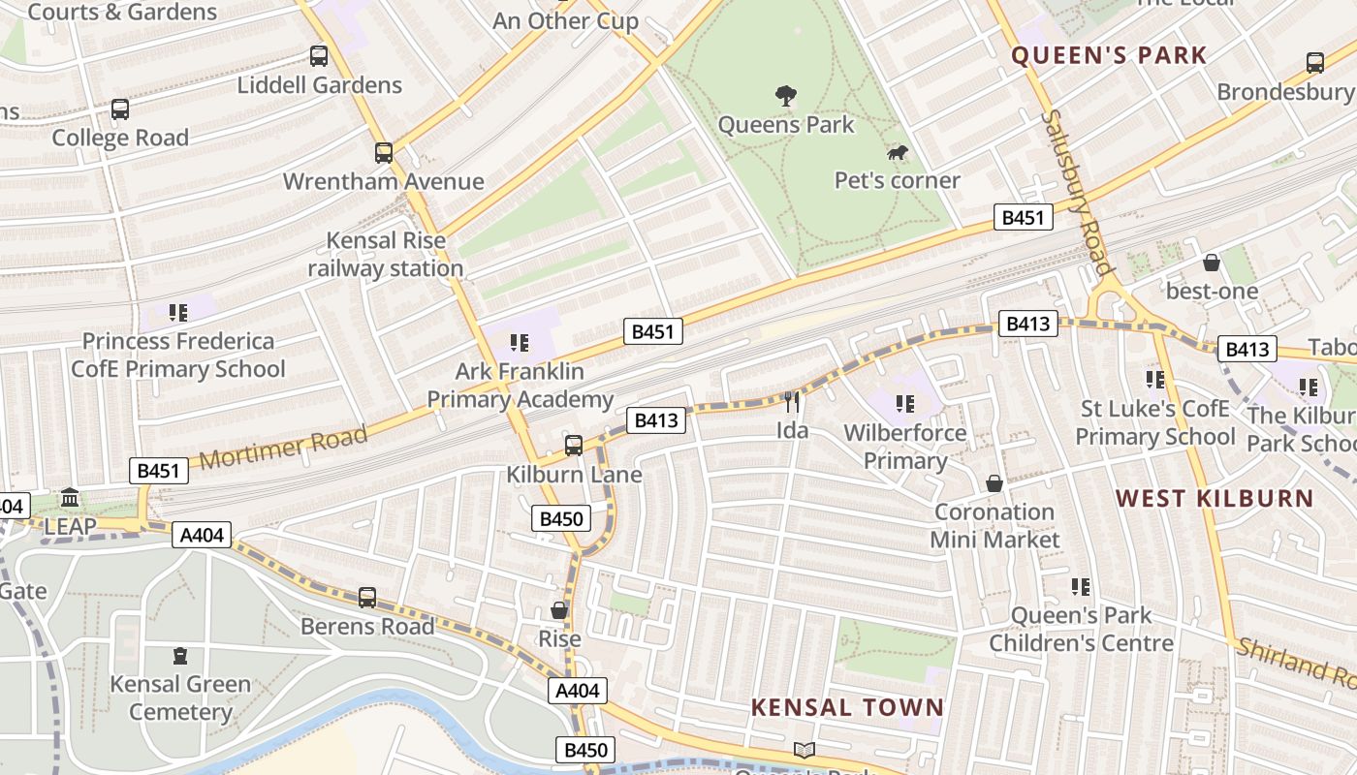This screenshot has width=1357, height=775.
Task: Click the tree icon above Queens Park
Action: pos(786,95)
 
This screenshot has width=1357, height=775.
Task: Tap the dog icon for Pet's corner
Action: pos(898,153)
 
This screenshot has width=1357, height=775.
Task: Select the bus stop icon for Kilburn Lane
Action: pos(574,446)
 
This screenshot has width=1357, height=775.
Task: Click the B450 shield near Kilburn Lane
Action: pos(560,519)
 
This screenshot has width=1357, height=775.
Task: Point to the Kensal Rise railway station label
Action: pos(386,255)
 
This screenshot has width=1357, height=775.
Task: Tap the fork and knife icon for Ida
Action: pos(793,402)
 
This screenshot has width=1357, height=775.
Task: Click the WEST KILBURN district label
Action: pos(1214,499)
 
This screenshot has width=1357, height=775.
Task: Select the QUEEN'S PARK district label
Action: pos(1109,55)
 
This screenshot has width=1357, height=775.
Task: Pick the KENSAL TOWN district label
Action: pos(847,707)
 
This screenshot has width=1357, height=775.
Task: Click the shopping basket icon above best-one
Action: pos(1212,263)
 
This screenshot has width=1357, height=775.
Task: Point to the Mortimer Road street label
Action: pos(284,447)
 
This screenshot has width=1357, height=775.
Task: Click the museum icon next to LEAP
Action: pos(70,498)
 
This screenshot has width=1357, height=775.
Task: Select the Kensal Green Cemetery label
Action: pos(181,697)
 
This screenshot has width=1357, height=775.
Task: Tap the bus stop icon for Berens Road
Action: pos(367,598)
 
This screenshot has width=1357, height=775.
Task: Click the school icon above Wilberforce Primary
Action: pos(905,404)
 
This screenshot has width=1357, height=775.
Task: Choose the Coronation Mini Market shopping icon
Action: pos(994,483)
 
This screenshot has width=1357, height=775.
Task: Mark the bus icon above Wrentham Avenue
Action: pos(384,153)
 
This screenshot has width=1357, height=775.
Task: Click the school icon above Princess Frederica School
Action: pos(178,313)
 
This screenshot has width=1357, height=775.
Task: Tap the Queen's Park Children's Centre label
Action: pos(1081,629)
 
